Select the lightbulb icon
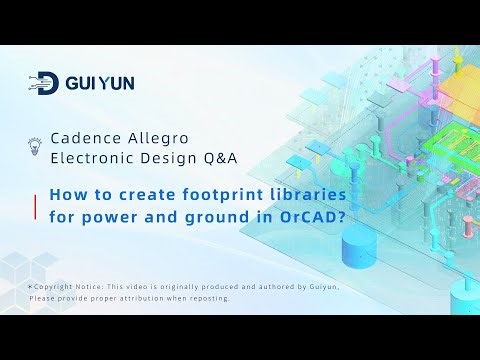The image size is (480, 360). [x=35, y=146]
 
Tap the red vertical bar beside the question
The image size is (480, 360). [x=37, y=205]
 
